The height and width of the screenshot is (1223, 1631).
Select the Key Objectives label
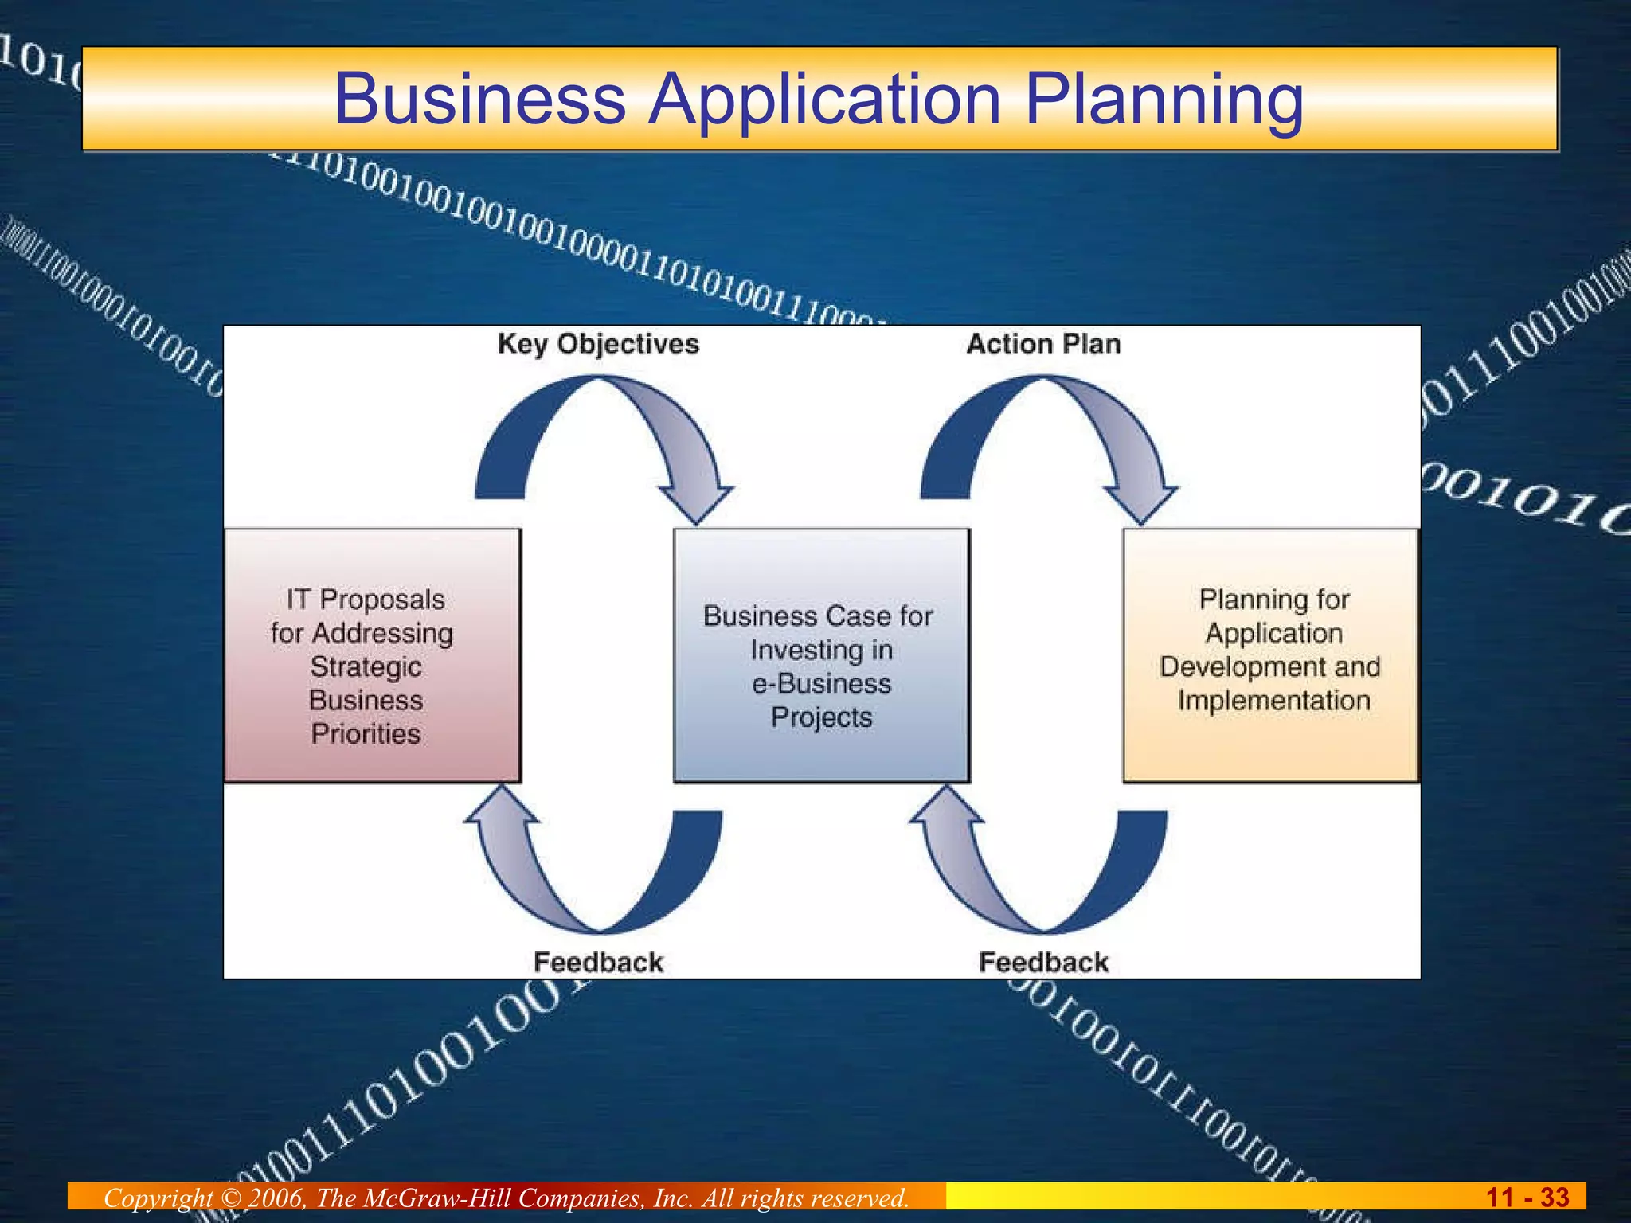click(x=598, y=344)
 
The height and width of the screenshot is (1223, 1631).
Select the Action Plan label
click(x=1043, y=344)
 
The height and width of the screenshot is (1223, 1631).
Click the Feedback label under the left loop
click(x=598, y=962)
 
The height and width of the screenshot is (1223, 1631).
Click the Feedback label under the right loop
click(x=1043, y=962)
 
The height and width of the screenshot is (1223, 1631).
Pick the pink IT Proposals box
click(x=372, y=655)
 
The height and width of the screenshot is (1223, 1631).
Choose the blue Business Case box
click(x=821, y=655)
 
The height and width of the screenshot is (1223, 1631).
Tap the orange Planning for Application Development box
click(x=1271, y=655)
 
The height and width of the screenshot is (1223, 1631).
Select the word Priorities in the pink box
click(x=366, y=733)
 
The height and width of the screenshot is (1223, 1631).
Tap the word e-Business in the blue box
click(x=821, y=683)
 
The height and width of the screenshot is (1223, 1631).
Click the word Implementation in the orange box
click(x=1273, y=701)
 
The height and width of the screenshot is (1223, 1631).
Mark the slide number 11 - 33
click(x=1527, y=1197)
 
